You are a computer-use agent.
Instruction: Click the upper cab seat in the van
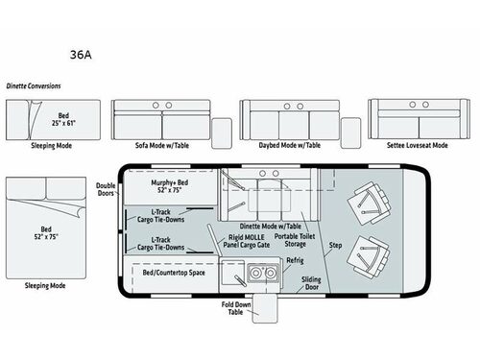tap(369, 201)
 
